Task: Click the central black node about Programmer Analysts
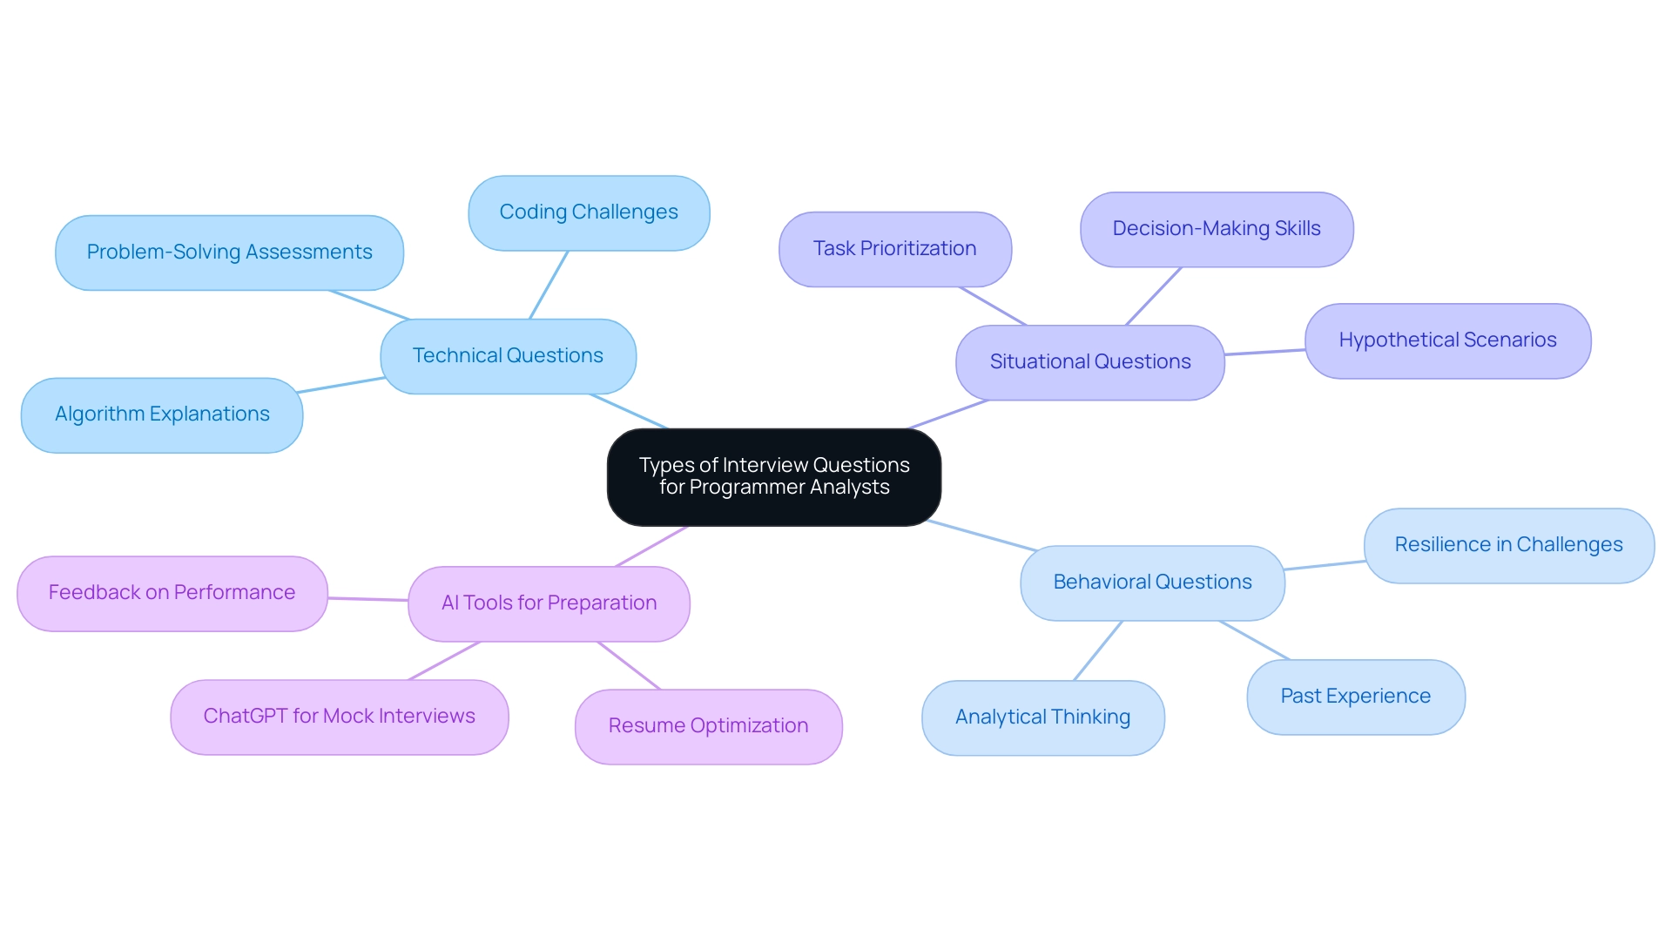point(773,476)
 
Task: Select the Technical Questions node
point(508,356)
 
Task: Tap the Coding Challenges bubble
point(589,212)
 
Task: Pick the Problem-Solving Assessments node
point(229,253)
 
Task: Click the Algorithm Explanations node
point(162,414)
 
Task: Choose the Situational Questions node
point(1089,362)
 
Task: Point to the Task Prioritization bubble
point(894,249)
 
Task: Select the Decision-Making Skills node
point(1216,229)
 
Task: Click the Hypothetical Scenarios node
point(1446,340)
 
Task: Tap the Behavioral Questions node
point(1151,583)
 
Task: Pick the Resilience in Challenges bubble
point(1507,545)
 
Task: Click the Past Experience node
point(1355,697)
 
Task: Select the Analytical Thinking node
point(1042,717)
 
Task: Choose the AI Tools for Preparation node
point(549,603)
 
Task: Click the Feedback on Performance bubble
point(172,593)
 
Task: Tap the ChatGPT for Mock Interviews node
point(339,717)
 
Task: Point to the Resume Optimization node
point(708,726)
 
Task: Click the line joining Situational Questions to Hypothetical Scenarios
point(1264,353)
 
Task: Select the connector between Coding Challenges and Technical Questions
point(549,286)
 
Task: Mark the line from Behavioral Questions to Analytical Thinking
point(1098,650)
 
